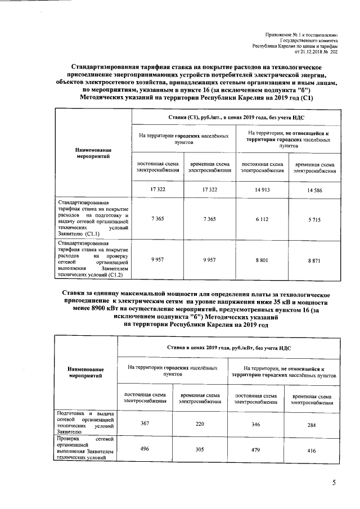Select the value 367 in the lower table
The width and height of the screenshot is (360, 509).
[x=145, y=424]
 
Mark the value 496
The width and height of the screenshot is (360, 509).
[x=145, y=447]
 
